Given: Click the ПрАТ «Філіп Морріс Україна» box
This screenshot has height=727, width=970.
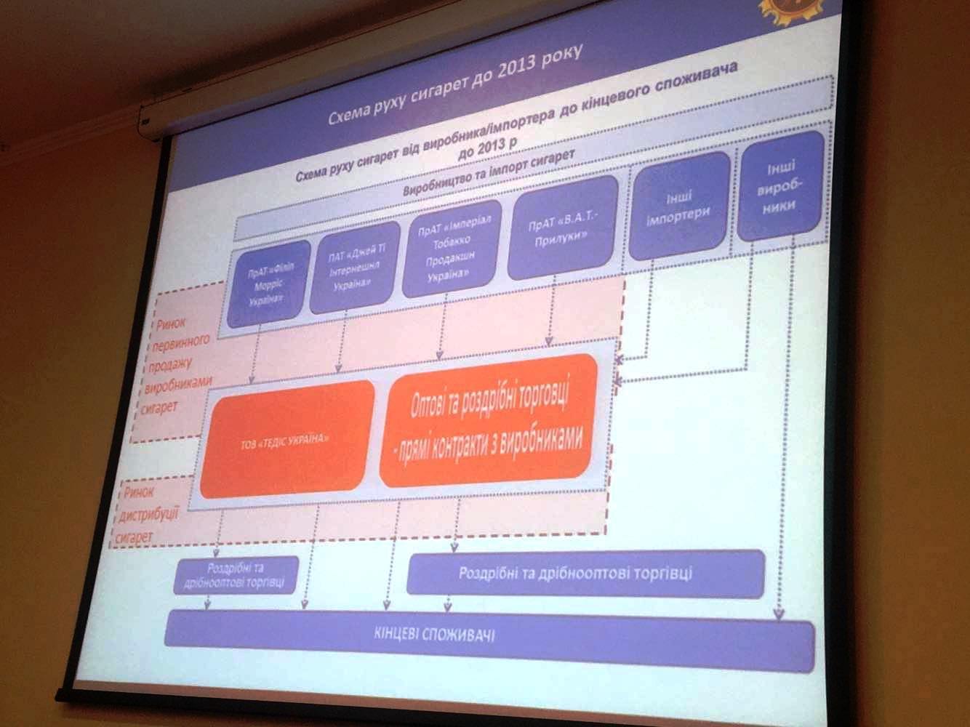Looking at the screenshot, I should tap(267, 282).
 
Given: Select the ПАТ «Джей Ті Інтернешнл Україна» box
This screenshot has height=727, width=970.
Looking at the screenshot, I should tap(354, 269).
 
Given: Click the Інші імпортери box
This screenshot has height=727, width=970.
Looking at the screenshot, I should tap(677, 205).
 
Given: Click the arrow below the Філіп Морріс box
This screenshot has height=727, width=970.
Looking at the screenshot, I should tap(255, 356).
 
